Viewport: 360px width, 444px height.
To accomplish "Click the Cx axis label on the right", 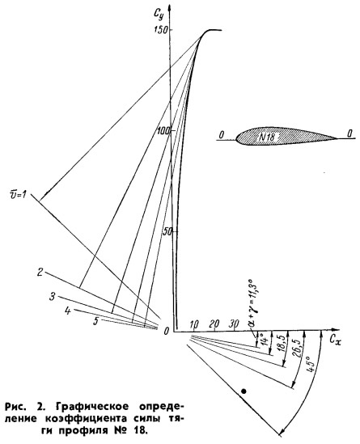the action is pos(336,340).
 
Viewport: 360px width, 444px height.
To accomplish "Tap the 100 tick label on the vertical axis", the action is pos(164,131).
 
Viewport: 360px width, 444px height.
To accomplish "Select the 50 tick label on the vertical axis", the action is pos(167,232).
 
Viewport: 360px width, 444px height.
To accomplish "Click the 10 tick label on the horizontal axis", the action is pos(194,324).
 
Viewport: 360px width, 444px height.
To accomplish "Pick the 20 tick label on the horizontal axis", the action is pos(214,323).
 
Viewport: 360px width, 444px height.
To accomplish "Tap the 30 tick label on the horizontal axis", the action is pos(234,323).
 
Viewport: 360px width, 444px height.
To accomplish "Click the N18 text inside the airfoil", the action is pos(267,137).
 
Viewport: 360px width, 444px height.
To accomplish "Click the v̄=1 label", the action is pos(18,195).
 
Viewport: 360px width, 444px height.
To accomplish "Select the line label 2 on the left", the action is pos(40,273).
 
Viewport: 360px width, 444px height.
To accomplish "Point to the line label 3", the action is pos(52,297).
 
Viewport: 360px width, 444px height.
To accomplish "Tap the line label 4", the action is pos(68,311).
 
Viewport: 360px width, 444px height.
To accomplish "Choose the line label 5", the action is pos(96,321).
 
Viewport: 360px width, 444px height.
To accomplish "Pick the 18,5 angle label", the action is pos(280,345).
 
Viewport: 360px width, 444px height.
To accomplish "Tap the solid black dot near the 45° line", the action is pos(244,391).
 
